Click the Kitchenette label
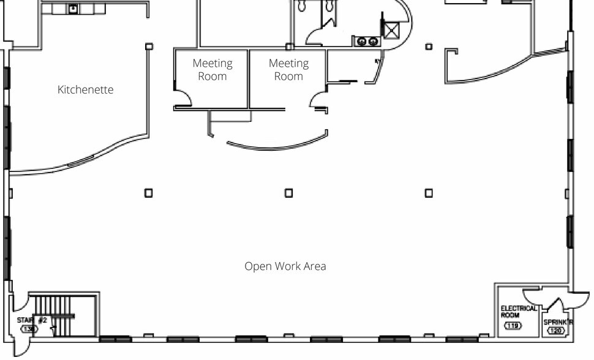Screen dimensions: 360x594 (x=85, y=90)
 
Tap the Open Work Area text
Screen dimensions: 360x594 (x=285, y=266)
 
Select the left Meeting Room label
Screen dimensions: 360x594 (x=212, y=70)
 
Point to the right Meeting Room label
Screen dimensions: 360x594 (x=288, y=70)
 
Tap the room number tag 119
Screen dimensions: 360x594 (x=513, y=326)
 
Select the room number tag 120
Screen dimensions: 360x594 (x=555, y=331)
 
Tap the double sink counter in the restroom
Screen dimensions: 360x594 (x=367, y=42)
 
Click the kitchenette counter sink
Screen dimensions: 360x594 (x=73, y=9)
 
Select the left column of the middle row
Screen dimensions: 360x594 (x=148, y=193)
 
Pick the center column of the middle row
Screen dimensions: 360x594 (x=288, y=193)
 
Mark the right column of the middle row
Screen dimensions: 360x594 (x=429, y=193)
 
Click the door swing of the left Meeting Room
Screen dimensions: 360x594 (x=182, y=99)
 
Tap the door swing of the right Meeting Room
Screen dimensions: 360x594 (x=318, y=100)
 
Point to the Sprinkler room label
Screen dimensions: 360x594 (x=558, y=321)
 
